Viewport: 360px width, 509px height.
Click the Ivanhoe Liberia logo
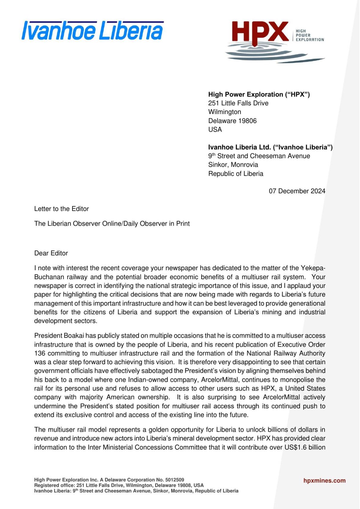pos(92,31)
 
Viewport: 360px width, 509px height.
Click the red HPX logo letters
pos(260,32)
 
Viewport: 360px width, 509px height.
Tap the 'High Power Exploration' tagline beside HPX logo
pos(309,35)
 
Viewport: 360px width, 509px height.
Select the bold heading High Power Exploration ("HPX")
pos(259,95)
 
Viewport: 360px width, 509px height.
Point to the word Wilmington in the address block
pos(224,112)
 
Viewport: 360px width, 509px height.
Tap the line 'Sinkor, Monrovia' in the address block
pos(233,165)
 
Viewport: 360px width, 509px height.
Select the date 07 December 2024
pos(297,191)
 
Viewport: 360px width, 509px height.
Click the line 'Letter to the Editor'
pos(62,209)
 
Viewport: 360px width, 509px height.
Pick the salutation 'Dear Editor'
pos(51,253)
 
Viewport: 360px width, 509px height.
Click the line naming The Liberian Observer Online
pos(112,224)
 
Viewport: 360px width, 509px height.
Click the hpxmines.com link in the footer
pos(324,481)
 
